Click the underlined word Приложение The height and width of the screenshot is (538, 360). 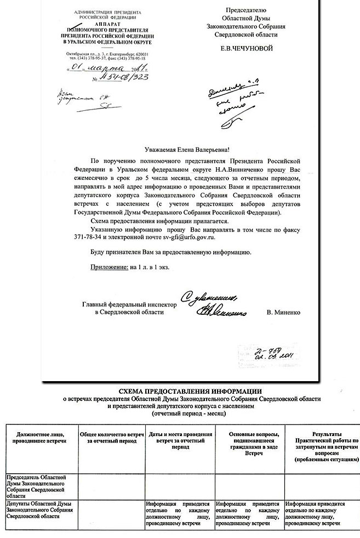coord(108,267)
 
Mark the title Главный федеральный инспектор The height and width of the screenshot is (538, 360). coord(130,304)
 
